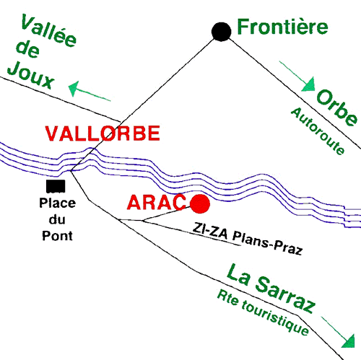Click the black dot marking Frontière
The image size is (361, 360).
tap(222, 32)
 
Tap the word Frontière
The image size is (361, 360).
tap(282, 27)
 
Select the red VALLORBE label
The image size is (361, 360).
tap(103, 133)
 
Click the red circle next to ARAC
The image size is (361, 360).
tap(200, 204)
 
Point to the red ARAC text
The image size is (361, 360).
tap(157, 203)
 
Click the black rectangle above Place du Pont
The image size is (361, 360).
tap(56, 186)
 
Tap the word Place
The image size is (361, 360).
tap(58, 203)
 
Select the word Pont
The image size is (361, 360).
tap(57, 236)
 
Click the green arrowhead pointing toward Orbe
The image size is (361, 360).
tap(309, 84)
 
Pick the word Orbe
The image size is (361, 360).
tap(336, 107)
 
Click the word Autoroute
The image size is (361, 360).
tap(318, 131)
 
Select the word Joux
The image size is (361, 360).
tap(30, 75)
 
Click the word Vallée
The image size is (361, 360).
tap(48, 30)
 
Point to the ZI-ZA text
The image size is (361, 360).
tap(210, 232)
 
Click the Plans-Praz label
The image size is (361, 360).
tap(267, 243)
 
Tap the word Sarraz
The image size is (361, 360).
tap(285, 294)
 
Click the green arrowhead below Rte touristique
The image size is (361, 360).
tap(349, 341)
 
